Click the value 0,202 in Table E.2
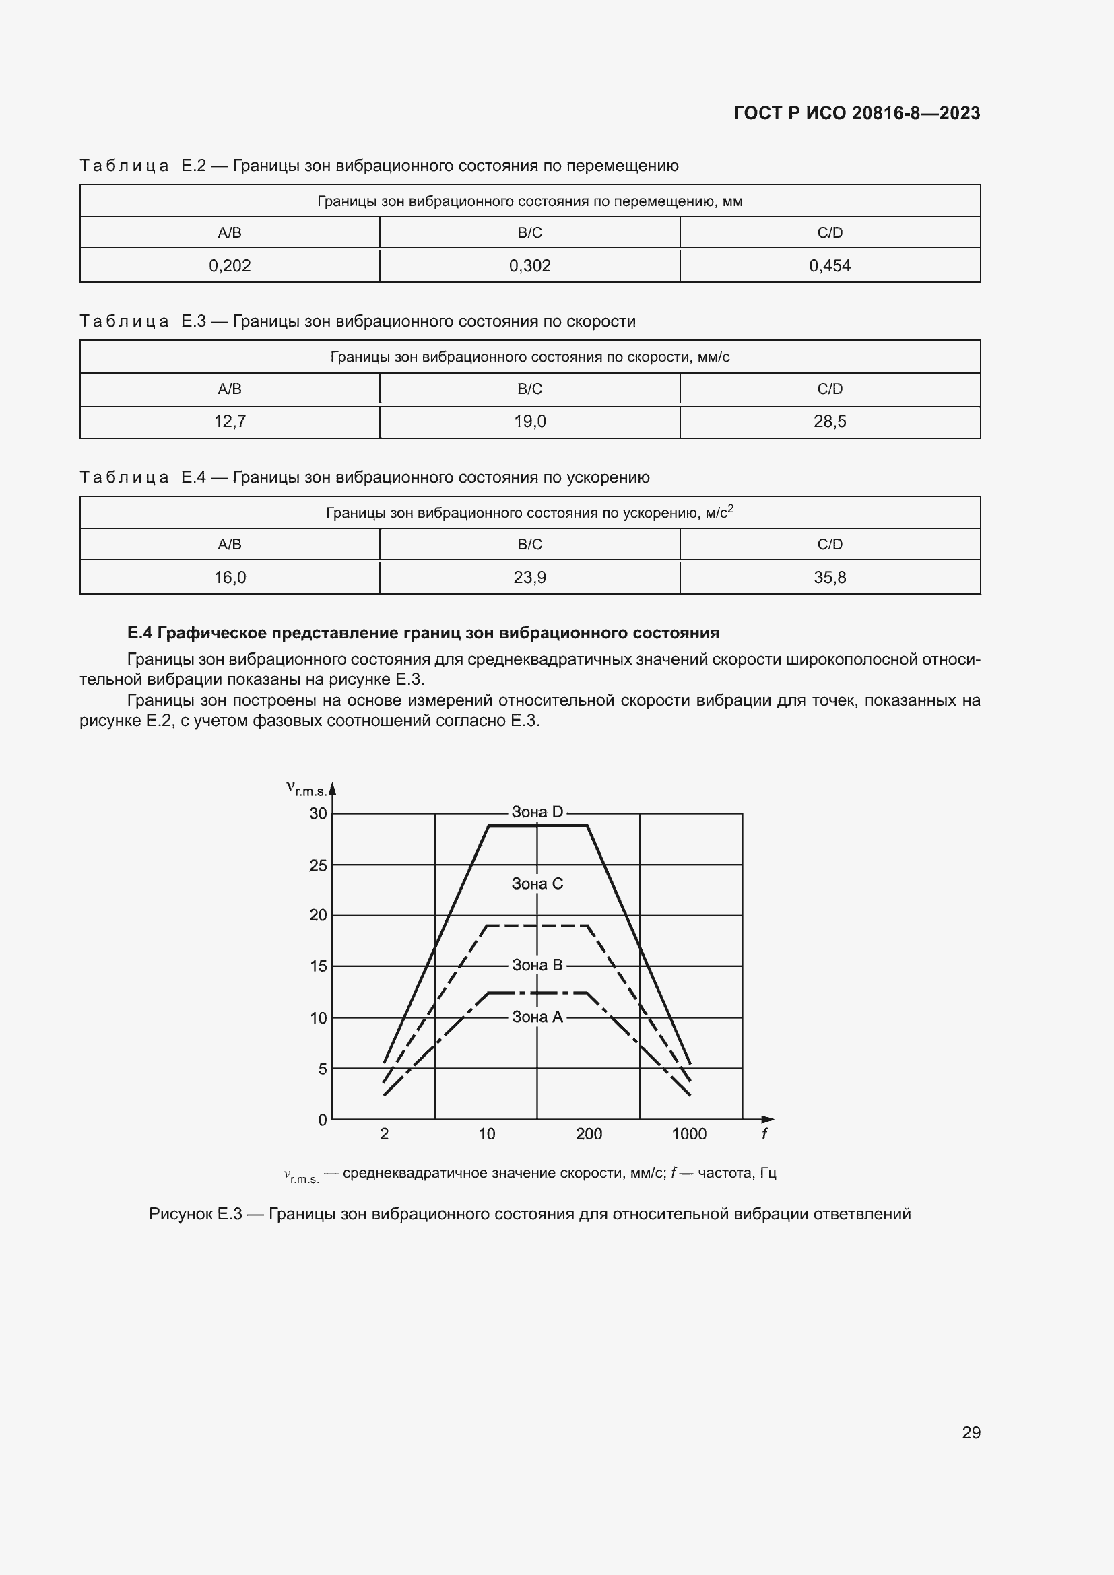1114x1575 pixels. point(230,265)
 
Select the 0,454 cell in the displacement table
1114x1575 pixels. point(829,265)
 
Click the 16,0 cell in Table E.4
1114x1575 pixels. point(230,578)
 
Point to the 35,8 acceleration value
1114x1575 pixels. point(829,578)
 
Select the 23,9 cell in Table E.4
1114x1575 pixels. point(529,578)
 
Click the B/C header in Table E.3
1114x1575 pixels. point(529,389)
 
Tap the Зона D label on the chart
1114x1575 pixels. point(537,812)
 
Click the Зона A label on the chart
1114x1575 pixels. point(537,1017)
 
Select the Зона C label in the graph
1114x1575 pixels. point(537,884)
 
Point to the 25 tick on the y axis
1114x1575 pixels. point(319,866)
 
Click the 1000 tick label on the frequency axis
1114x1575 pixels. point(689,1134)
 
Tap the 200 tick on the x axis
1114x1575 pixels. point(589,1134)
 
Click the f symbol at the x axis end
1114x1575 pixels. point(764,1134)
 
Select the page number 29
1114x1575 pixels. point(971,1432)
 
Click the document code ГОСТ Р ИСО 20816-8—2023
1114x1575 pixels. point(856,113)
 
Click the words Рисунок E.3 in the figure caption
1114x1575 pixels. point(195,1213)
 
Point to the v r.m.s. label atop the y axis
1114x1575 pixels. point(306,789)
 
